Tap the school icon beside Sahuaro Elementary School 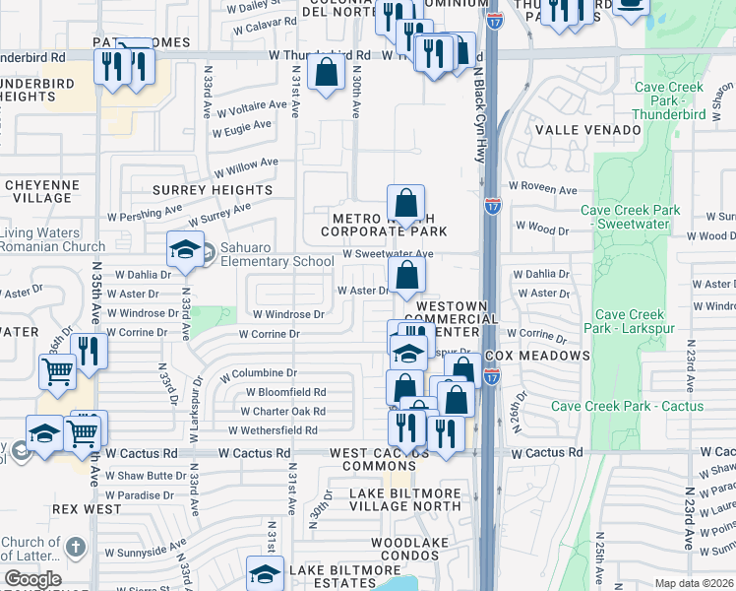(184, 249)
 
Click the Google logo (32, 579)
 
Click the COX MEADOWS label (551, 356)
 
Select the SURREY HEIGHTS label (212, 189)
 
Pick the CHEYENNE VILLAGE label (41, 191)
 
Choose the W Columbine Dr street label (260, 373)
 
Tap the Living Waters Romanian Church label (52, 239)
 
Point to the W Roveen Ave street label (542, 188)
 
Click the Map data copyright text (693, 583)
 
